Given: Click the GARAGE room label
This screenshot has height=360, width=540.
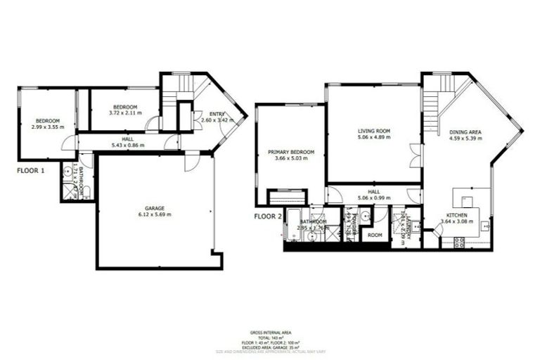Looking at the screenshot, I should pyautogui.click(x=155, y=208).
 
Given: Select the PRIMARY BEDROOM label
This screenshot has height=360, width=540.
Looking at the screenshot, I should pyautogui.click(x=290, y=151).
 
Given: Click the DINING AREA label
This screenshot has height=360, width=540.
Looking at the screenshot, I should pyautogui.click(x=465, y=131).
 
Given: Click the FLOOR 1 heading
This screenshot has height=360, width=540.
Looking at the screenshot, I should pyautogui.click(x=31, y=170).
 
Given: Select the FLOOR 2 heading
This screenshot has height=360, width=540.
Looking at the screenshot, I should pyautogui.click(x=268, y=217).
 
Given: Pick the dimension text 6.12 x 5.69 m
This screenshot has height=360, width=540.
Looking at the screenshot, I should pyautogui.click(x=155, y=214).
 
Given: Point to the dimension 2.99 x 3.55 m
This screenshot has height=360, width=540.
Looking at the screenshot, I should pyautogui.click(x=46, y=127).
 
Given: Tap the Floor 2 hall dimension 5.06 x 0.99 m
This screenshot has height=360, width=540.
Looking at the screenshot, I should pyautogui.click(x=373, y=198).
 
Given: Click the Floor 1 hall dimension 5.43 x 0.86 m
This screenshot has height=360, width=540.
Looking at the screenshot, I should pyautogui.click(x=127, y=146).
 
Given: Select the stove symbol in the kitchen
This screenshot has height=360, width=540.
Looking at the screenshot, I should pyautogui.click(x=459, y=243).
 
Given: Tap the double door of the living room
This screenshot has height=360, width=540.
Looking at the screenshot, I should pyautogui.click(x=415, y=155).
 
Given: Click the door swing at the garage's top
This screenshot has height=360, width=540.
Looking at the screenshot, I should pyautogui.click(x=191, y=163).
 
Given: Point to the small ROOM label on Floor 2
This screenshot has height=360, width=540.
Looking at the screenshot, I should pyautogui.click(x=374, y=235).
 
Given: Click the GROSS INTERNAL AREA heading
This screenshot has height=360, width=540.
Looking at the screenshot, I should pyautogui.click(x=270, y=331).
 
